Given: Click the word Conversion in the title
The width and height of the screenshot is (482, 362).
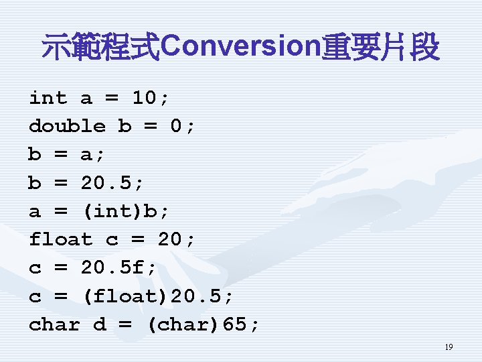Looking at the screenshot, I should [241, 47].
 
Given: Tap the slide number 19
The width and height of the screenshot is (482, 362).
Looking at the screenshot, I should [449, 347].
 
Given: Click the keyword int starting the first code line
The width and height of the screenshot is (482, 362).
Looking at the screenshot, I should [48, 98].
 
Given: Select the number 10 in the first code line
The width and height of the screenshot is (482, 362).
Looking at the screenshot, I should [145, 98].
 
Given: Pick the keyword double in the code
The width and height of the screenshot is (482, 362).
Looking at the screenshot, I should [67, 126].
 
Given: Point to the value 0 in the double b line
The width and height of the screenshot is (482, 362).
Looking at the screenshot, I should [177, 126].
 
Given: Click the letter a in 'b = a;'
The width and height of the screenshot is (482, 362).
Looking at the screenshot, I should [87, 154].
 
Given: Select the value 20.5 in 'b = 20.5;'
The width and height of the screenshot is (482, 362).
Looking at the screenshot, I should [112, 182].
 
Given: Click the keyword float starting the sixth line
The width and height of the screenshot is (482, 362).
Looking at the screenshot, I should [60, 239].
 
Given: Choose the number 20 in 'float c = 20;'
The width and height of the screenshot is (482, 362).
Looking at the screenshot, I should [171, 239].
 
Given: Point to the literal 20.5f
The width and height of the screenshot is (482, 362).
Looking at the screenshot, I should [118, 268].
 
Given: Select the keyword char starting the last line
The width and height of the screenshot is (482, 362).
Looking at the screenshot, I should [54, 325].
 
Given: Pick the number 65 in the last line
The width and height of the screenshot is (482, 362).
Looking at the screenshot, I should [235, 325].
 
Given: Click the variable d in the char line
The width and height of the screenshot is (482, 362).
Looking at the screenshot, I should [100, 325].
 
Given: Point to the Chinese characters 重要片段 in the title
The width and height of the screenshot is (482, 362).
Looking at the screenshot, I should [380, 48].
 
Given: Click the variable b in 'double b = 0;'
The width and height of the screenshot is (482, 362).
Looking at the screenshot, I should [125, 126].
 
